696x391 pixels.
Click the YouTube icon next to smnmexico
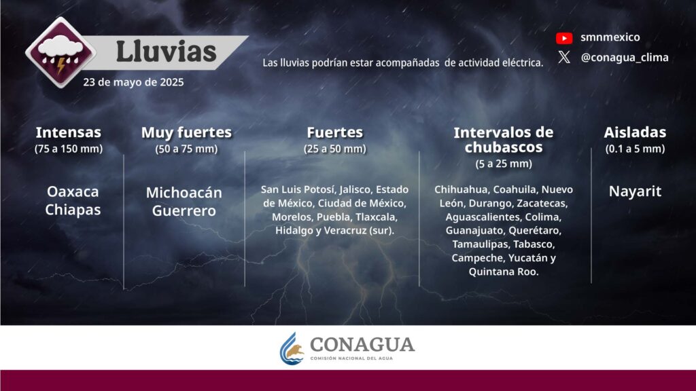pyautogui.click(x=564, y=38)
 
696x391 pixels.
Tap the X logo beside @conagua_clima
pyautogui.click(x=564, y=57)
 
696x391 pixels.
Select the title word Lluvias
pyautogui.click(x=166, y=52)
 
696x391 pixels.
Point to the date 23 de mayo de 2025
pyautogui.click(x=133, y=82)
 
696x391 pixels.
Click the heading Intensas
pyautogui.click(x=69, y=132)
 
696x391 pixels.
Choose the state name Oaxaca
pyautogui.click(x=73, y=191)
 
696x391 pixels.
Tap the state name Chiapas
pyautogui.click(x=73, y=210)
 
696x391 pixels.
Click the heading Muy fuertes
pyautogui.click(x=186, y=132)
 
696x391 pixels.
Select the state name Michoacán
pyautogui.click(x=184, y=192)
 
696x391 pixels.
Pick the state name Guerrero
pyautogui.click(x=184, y=210)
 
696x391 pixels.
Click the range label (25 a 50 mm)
pyautogui.click(x=335, y=149)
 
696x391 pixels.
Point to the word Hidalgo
pyautogui.click(x=294, y=231)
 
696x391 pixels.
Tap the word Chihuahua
pyautogui.click(x=461, y=189)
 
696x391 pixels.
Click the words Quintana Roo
pyautogui.click(x=504, y=272)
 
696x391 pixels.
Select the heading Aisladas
pyautogui.click(x=635, y=132)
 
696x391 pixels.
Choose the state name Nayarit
pyautogui.click(x=635, y=191)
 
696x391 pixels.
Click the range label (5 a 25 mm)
pyautogui.click(x=504, y=164)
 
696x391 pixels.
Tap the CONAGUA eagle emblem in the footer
pyautogui.click(x=292, y=349)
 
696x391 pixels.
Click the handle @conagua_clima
pyautogui.click(x=625, y=58)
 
